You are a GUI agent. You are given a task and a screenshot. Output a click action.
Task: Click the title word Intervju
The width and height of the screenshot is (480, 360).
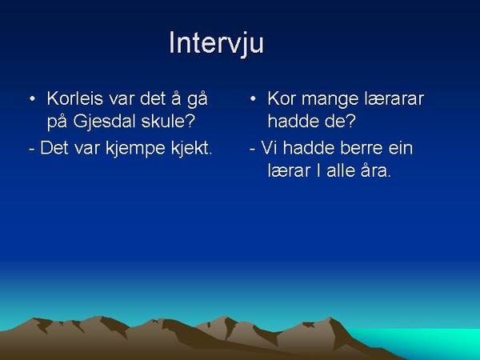(x=216, y=43)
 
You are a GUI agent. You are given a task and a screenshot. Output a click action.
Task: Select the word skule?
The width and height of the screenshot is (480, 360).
(x=168, y=122)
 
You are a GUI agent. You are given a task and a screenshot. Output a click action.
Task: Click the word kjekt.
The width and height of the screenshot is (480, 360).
(x=191, y=149)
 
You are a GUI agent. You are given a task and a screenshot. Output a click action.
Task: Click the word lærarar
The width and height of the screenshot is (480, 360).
(x=394, y=98)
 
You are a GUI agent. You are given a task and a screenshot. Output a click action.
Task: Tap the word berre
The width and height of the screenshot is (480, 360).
(x=362, y=148)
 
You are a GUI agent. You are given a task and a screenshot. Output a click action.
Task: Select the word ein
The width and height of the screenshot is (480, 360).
(x=401, y=148)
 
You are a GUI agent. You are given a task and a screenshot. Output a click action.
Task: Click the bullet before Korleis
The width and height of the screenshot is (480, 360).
(x=32, y=99)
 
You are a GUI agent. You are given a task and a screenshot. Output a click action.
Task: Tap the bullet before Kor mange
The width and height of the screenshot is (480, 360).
(x=253, y=99)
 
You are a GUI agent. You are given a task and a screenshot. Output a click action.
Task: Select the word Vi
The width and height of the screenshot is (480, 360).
(x=269, y=148)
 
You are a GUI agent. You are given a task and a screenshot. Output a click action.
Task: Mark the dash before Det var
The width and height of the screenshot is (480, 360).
(x=32, y=150)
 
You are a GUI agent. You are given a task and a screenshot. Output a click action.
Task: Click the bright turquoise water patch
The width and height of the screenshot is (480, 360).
(x=429, y=340)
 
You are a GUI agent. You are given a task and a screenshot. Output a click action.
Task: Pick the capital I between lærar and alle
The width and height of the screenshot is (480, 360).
(x=318, y=170)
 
